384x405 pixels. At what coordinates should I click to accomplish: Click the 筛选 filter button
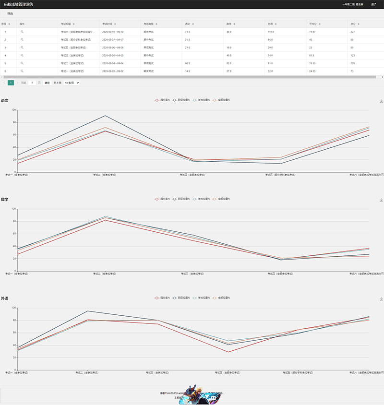coord(10,13)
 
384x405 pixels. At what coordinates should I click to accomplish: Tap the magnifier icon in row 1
coord(22,32)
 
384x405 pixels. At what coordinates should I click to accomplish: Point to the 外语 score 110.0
coord(271,32)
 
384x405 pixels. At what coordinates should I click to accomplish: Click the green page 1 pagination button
coord(11,83)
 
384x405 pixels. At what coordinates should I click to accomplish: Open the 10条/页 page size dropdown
coord(72,83)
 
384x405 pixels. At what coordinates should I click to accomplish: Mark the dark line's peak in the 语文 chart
coord(105,115)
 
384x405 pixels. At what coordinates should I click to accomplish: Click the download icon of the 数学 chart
coord(381,200)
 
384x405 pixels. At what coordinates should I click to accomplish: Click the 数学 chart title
coord(4,199)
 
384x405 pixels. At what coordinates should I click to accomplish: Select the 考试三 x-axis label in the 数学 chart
coord(192,274)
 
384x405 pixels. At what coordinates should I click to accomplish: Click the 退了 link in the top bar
coord(373,4)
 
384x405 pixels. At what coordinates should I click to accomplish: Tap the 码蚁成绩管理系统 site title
coord(19,4)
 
